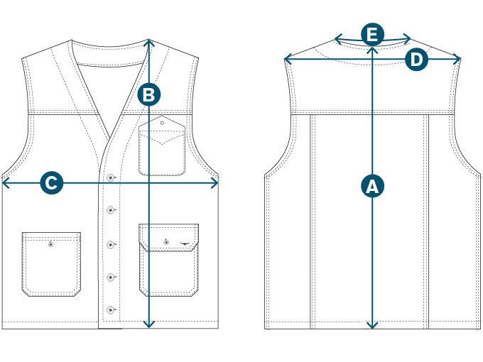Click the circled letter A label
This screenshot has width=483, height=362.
click(372, 187)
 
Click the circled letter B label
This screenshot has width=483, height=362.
click(148, 94)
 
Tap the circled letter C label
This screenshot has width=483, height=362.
click(50, 183)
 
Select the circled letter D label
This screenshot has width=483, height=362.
click(417, 60)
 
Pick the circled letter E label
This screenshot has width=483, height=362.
click(372, 34)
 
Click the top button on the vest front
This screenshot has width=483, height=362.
click(112, 176)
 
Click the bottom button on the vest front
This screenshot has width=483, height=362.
click(111, 309)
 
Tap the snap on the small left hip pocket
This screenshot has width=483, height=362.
click(50, 244)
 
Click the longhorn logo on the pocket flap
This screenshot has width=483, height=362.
click(187, 243)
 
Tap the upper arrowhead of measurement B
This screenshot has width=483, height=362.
click(148, 41)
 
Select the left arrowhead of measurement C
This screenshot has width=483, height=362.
click(5, 183)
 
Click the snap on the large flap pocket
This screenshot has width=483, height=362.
click(165, 243)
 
